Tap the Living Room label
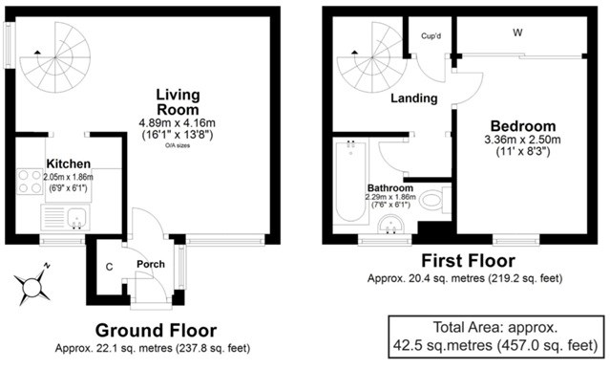[178, 101]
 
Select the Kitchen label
[69, 163]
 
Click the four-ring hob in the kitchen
[30, 182]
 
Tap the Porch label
[151, 264]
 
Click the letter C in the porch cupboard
[110, 267]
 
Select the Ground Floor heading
[156, 331]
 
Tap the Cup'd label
[431, 36]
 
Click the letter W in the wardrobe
[517, 33]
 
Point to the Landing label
[414, 98]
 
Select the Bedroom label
[523, 126]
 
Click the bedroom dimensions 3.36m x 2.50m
[522, 140]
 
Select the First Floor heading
[469, 261]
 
